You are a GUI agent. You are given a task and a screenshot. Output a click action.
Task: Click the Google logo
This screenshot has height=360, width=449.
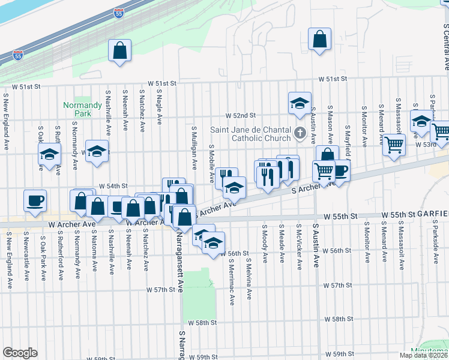pyautogui.click(x=20, y=353)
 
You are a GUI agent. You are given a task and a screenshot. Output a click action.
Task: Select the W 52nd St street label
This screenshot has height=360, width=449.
pyautogui.click(x=241, y=115)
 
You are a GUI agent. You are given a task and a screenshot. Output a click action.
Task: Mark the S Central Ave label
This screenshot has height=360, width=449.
pyautogui.click(x=445, y=46)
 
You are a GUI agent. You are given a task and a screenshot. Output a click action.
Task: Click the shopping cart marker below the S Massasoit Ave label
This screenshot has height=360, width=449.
pyautogui.click(x=394, y=145)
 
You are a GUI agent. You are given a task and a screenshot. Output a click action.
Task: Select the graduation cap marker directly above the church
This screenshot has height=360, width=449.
pyautogui.click(x=299, y=103)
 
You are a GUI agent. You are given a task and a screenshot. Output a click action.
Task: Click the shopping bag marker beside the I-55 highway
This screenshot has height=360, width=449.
pyautogui.click(x=120, y=50)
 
